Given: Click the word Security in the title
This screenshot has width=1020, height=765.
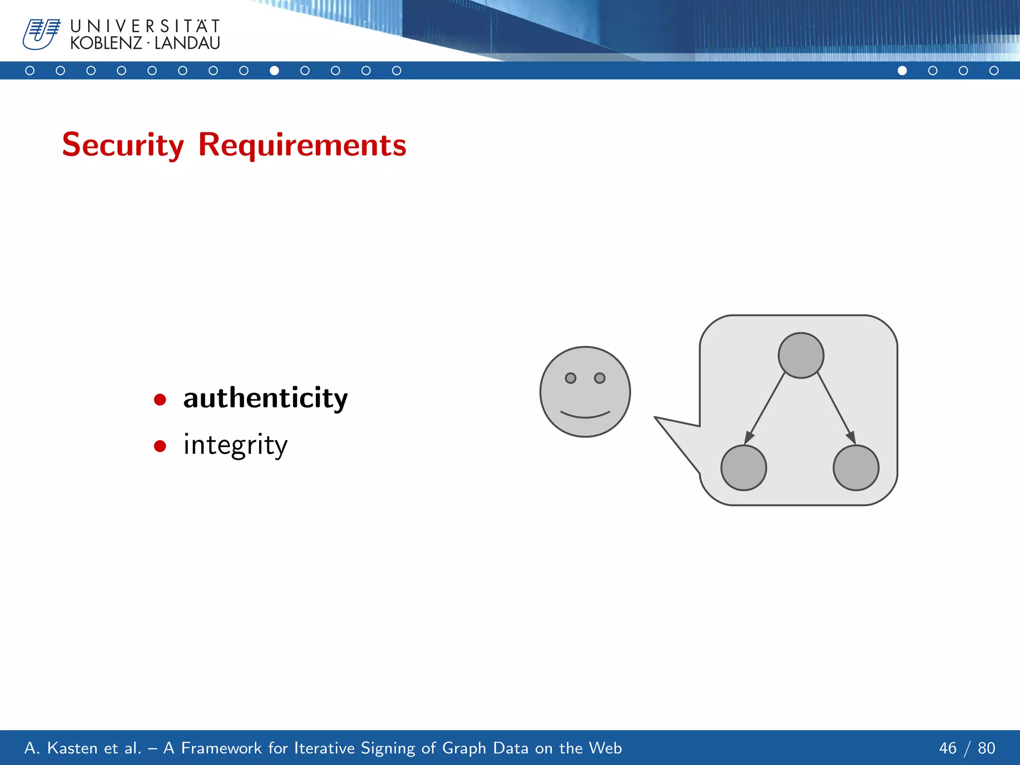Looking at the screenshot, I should [123, 145].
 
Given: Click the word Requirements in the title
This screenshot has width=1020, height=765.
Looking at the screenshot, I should [302, 145].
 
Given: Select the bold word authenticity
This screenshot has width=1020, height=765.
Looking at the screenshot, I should [265, 398].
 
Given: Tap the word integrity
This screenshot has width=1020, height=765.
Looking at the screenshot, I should [235, 445].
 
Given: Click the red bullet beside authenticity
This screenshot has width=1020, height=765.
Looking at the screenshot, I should [160, 399].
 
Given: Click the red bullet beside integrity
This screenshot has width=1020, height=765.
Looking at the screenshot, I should [160, 446].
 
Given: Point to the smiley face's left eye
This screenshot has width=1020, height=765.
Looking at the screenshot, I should [571, 378].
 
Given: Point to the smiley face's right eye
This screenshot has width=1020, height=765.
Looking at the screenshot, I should [600, 378].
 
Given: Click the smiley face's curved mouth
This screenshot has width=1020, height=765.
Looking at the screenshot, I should [585, 415].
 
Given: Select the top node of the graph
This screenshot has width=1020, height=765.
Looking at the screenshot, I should [801, 355].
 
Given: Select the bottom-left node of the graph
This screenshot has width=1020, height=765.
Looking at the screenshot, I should [744, 468].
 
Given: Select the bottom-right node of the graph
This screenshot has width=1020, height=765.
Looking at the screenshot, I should [856, 468].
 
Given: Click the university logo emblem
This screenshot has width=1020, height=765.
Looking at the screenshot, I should [41, 34].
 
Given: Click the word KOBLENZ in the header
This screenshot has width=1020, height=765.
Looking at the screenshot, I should [106, 43].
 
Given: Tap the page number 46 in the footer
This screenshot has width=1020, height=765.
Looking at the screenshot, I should [948, 748].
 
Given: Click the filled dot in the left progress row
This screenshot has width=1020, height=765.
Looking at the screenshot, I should [274, 71].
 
